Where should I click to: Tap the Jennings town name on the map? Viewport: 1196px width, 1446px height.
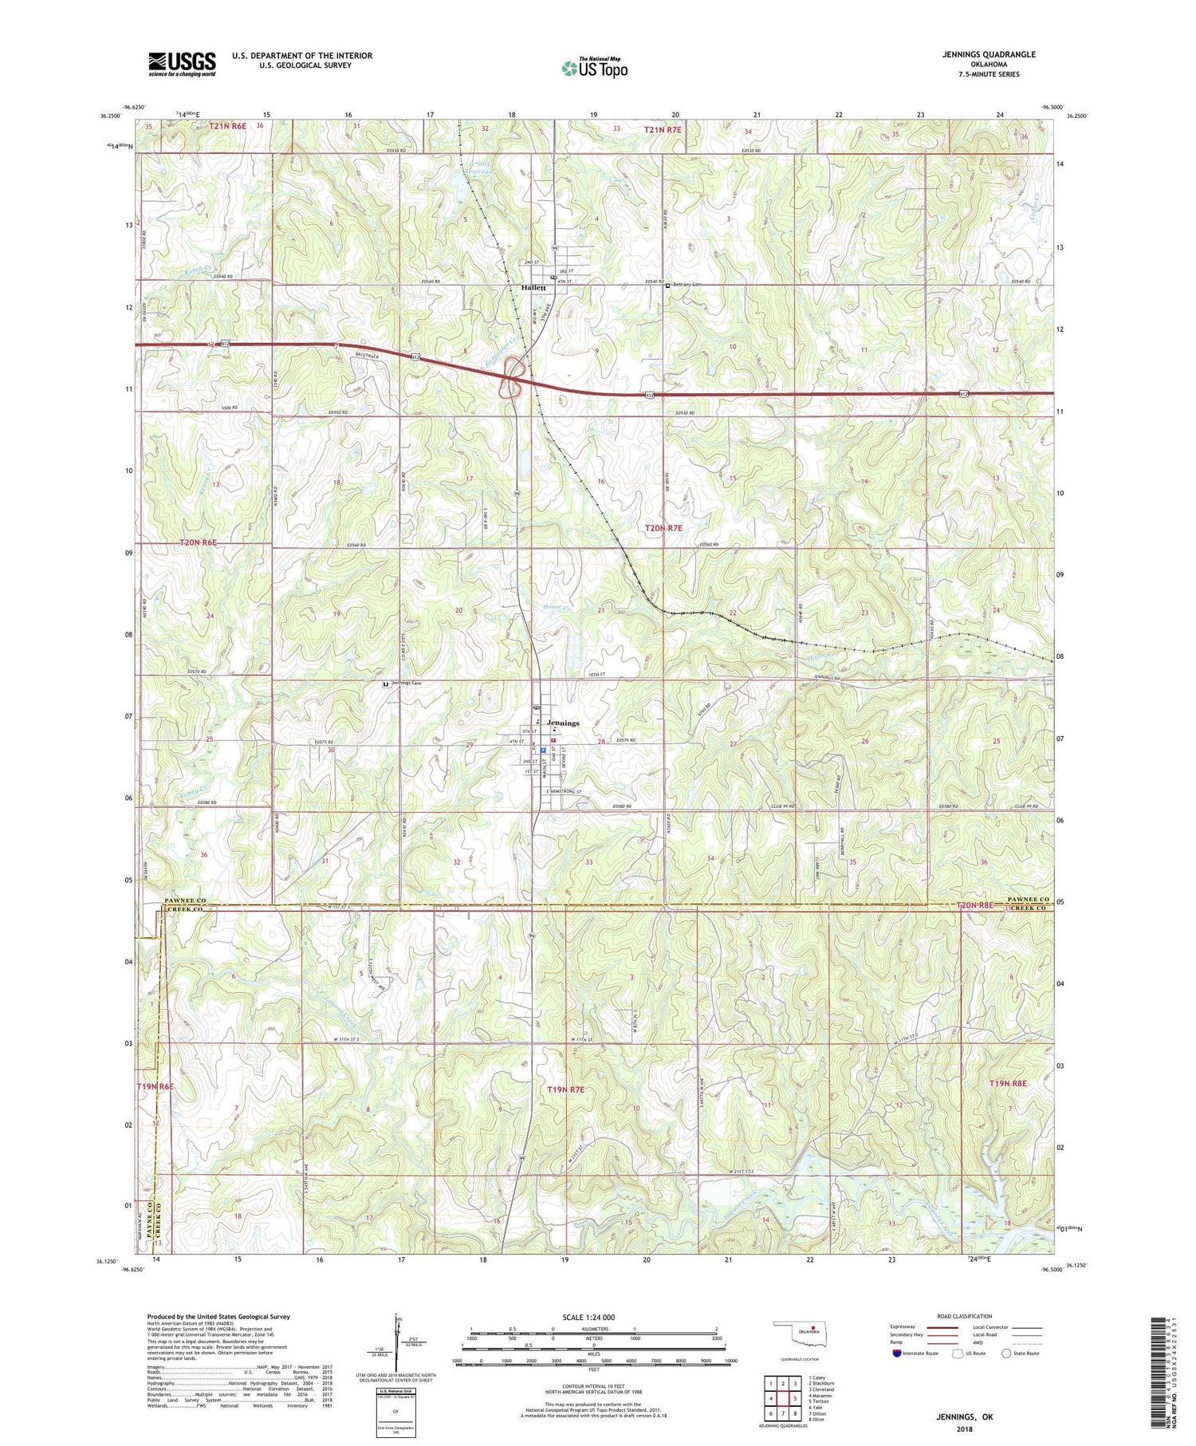563,723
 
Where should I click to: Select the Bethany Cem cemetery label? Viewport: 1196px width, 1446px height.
688,285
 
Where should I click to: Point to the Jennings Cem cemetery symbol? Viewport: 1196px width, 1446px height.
386,684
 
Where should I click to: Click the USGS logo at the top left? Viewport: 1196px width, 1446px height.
182,64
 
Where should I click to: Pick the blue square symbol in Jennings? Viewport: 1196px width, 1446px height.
543,749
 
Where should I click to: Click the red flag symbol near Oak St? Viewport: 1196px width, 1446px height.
553,740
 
